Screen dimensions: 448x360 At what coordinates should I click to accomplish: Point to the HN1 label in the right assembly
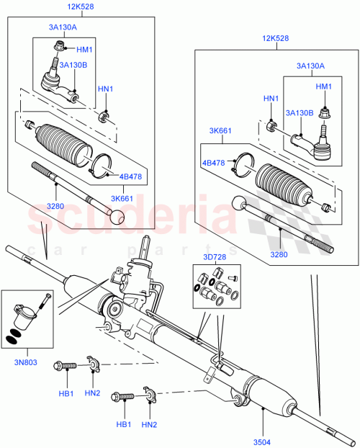coord(271,99)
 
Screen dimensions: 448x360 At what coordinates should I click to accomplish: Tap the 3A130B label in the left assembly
coord(74,66)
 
